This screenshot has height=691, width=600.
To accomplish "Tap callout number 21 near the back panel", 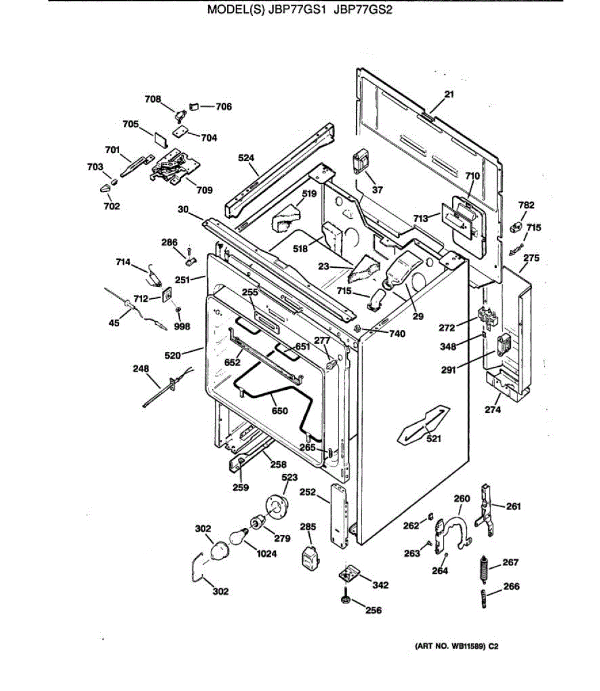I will (x=449, y=95).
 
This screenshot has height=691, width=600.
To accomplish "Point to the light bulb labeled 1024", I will (x=237, y=537).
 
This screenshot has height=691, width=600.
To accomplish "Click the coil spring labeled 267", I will (x=485, y=569).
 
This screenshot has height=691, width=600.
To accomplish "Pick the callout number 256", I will (x=373, y=610).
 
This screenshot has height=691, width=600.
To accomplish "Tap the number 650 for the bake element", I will (x=279, y=411).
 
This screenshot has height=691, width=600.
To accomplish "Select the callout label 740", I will (x=397, y=334).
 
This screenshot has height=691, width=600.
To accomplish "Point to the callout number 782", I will (x=526, y=205).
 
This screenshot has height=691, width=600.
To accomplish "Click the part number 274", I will (x=493, y=409).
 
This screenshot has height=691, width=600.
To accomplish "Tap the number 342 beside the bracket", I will (x=380, y=585).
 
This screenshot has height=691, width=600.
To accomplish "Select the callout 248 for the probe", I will (x=141, y=369).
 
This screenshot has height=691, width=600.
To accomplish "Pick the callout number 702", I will (x=112, y=206).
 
